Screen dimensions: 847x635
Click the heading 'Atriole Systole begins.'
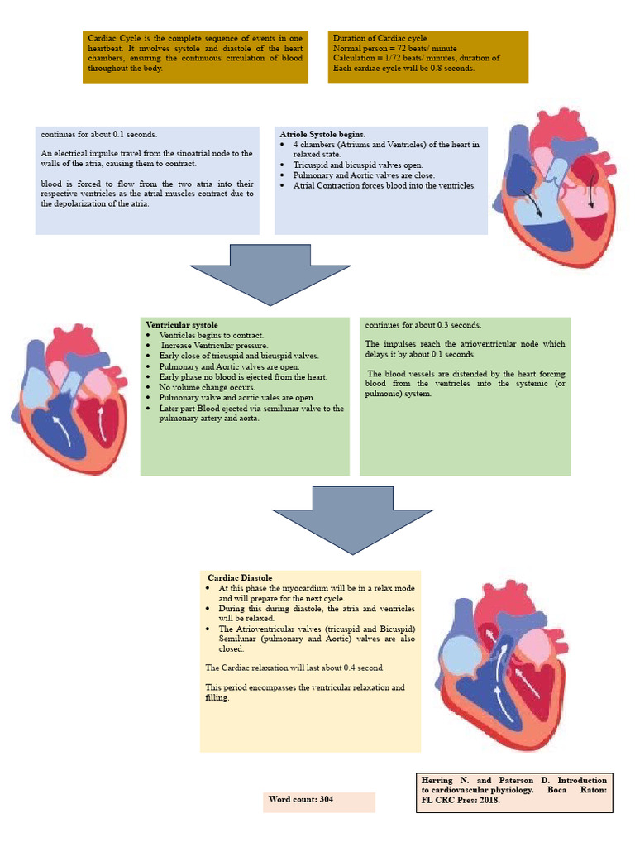322,134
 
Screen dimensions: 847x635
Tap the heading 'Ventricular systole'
182,325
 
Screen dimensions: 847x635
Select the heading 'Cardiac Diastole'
240,577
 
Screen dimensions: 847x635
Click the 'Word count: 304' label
301,799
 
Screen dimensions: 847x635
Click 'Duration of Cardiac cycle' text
380,39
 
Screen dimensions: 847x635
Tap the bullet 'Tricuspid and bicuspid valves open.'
358,165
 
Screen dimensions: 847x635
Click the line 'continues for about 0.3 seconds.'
423,325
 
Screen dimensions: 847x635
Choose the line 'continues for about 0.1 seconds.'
98,134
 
